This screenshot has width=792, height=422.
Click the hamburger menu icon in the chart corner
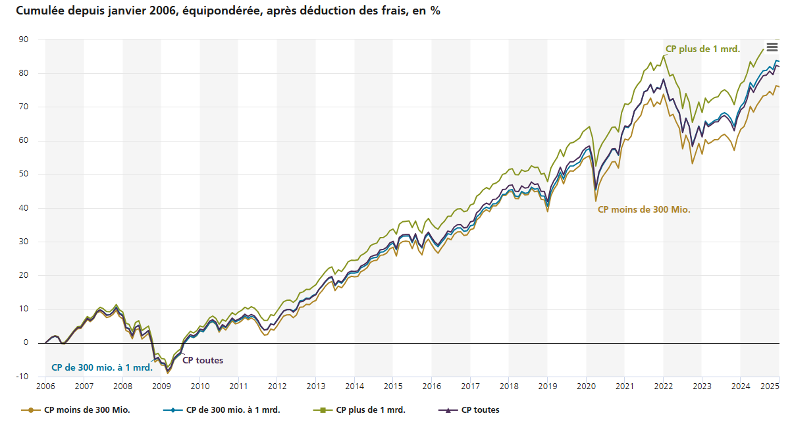click(772, 47)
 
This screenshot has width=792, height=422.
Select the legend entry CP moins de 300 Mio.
click(86, 410)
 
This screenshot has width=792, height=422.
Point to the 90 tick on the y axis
click(23, 40)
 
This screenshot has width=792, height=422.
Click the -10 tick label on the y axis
click(22, 377)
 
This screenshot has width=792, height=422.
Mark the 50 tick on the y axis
click(23, 174)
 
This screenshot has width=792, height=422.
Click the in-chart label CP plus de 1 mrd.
click(702, 49)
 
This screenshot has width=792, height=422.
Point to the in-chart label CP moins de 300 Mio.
click(644, 209)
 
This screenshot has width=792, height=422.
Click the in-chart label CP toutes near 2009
click(202, 360)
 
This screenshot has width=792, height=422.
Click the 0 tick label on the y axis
click(26, 343)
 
